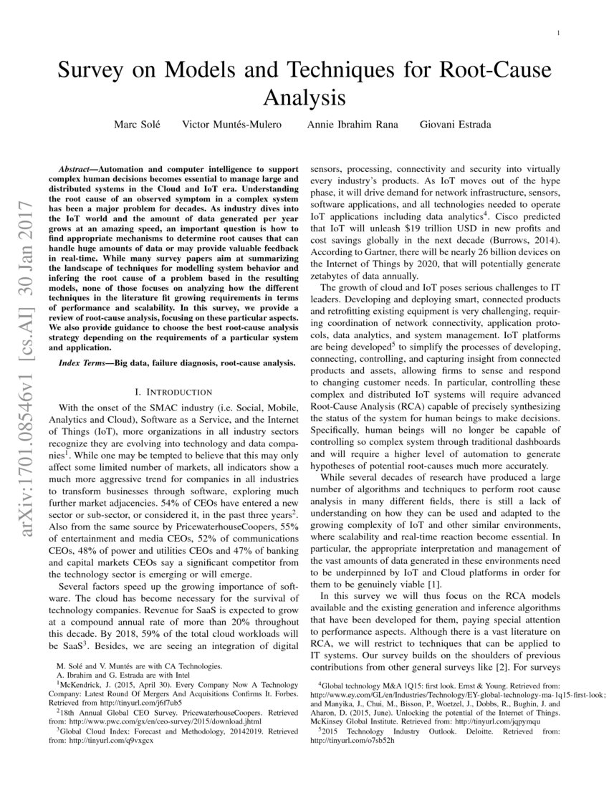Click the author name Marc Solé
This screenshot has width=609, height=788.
point(138,124)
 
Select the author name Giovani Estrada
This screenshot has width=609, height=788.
point(455,124)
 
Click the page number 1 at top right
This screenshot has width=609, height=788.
point(557,34)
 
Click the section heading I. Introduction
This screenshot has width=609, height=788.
point(173,392)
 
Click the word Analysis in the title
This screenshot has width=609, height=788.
point(304,96)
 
